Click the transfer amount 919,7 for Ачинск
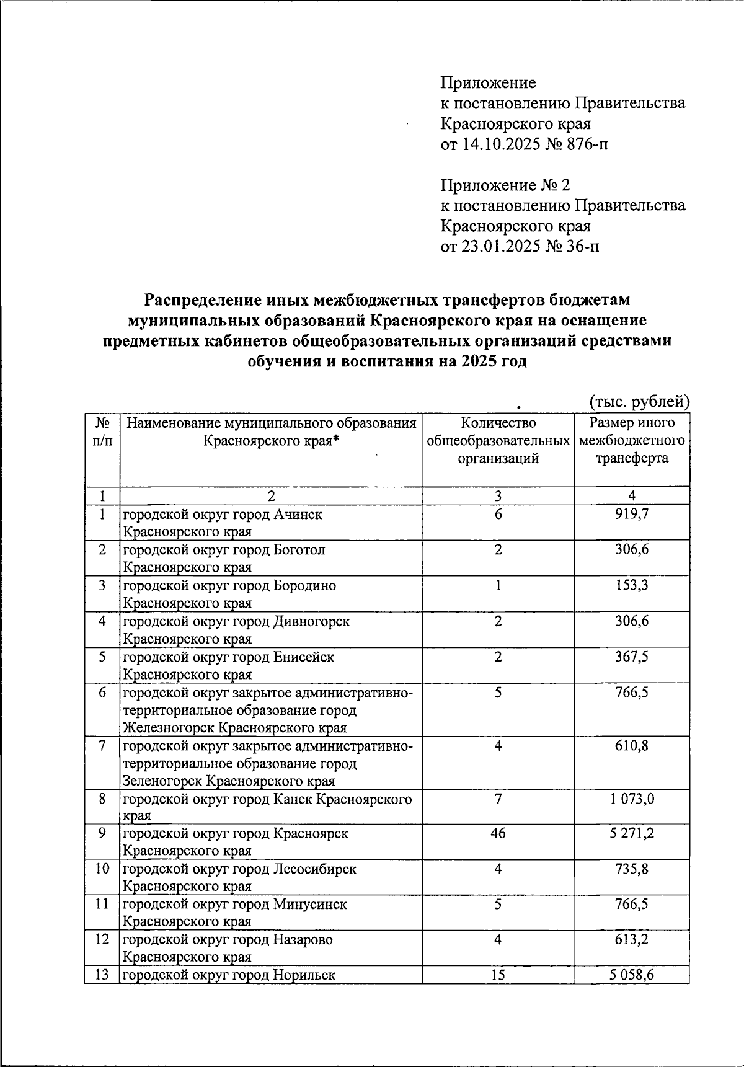pos(631,514)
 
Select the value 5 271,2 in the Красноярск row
pos(631,833)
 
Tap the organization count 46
pos(498,833)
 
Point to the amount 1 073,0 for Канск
pos(631,798)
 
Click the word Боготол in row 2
pos(299,550)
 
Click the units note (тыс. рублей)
pos(639,401)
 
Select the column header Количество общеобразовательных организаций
pos(498,441)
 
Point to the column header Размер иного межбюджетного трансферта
pos(631,441)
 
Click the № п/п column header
pos(102,432)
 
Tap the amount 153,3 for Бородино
pos(631,585)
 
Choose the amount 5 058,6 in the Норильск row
pos(631,975)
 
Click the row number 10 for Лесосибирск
pos(102,868)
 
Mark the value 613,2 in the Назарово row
pos(631,939)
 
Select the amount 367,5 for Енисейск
pos(631,656)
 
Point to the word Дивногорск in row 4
pos(311,621)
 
